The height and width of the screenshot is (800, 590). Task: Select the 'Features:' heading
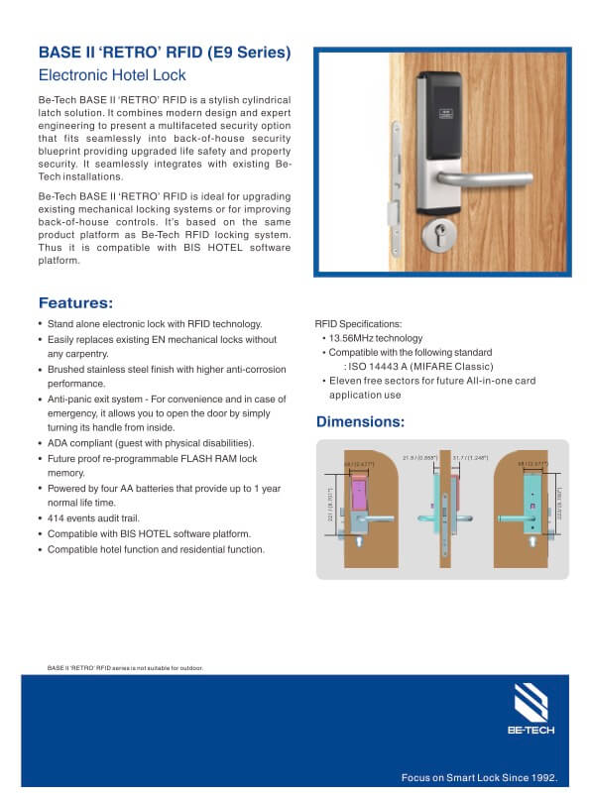(75, 303)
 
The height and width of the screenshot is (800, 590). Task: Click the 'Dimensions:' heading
(359, 422)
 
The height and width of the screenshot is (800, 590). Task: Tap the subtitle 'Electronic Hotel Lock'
(112, 75)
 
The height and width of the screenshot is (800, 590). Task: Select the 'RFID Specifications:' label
(358, 324)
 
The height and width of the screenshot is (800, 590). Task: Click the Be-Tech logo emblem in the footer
(531, 705)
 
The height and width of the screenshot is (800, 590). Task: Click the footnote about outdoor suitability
(125, 668)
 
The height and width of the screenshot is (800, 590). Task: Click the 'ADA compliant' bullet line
(151, 443)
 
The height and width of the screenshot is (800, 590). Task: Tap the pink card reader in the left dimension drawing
(357, 492)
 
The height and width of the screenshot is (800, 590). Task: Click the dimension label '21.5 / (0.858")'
(420, 458)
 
